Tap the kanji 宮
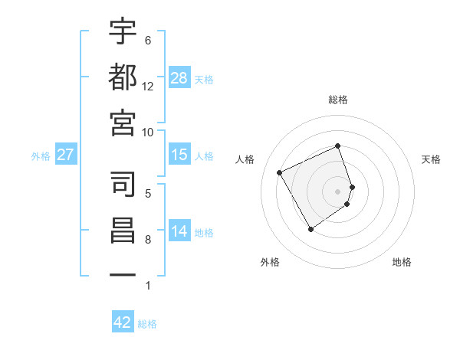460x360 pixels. tap(123, 122)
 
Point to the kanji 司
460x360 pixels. tap(123, 184)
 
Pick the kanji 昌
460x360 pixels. tap(123, 230)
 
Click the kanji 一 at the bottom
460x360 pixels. tap(123, 274)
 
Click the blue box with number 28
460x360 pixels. tap(179, 78)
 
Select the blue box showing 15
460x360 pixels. tap(179, 155)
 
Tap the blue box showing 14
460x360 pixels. tap(179, 232)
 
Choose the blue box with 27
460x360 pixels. tap(66, 155)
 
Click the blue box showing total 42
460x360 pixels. tap(123, 323)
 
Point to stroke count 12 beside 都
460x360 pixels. tap(148, 87)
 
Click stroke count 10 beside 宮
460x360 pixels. tap(148, 132)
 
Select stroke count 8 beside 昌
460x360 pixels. tap(148, 240)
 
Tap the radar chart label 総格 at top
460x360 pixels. tap(338, 100)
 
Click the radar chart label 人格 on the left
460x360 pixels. tap(245, 159)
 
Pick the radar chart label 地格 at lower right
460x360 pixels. tap(402, 263)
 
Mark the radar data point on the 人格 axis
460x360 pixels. tap(280, 172)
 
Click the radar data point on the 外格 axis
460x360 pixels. tap(310, 229)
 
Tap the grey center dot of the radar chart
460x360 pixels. tap(338, 191)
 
